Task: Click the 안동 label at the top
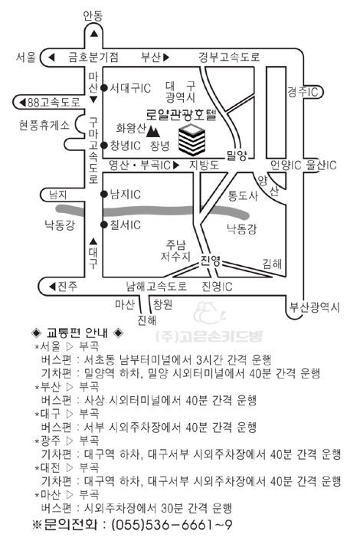click(x=93, y=16)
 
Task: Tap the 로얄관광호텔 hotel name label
click(x=181, y=114)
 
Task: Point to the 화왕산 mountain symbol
click(x=153, y=131)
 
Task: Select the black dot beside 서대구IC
click(x=104, y=88)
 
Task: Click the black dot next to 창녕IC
click(x=104, y=146)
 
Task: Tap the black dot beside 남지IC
click(x=104, y=194)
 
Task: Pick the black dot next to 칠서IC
click(x=104, y=225)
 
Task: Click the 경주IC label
click(x=303, y=92)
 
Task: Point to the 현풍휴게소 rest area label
click(x=44, y=125)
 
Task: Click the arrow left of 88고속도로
click(x=22, y=103)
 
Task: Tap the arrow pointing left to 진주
click(x=52, y=287)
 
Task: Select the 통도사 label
click(x=243, y=195)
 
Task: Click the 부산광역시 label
click(x=315, y=307)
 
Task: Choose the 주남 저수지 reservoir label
click(x=175, y=251)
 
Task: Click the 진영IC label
click(x=217, y=287)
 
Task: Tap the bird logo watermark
click(x=209, y=313)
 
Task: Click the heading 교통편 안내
click(x=77, y=333)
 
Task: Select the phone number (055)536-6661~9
click(x=172, y=525)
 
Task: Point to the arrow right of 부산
click(x=166, y=57)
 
